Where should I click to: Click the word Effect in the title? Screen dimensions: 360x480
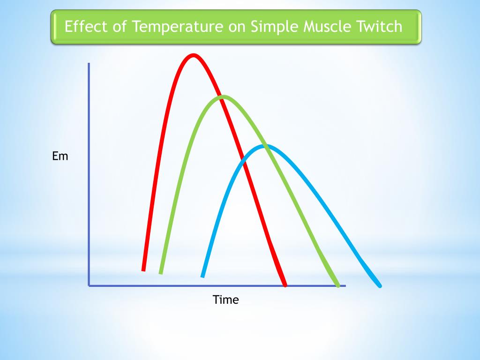tap(82, 26)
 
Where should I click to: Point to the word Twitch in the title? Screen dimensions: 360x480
tap(382, 26)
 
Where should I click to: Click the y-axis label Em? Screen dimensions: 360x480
tap(60, 156)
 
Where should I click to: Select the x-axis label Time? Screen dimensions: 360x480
tap(225, 300)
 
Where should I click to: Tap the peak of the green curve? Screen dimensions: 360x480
tap(224, 97)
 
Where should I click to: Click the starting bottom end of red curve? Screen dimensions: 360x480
tap(143, 270)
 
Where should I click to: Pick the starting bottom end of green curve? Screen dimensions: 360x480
tap(161, 272)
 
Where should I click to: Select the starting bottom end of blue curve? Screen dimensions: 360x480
tap(202, 276)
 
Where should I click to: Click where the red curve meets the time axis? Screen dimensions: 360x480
tap(284, 285)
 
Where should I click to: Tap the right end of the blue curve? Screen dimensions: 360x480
tap(380, 285)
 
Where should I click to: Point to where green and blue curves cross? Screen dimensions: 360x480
tap(267, 147)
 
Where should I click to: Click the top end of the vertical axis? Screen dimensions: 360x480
tap(89, 64)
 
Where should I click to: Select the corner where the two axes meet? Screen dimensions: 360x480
tap(89, 285)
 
